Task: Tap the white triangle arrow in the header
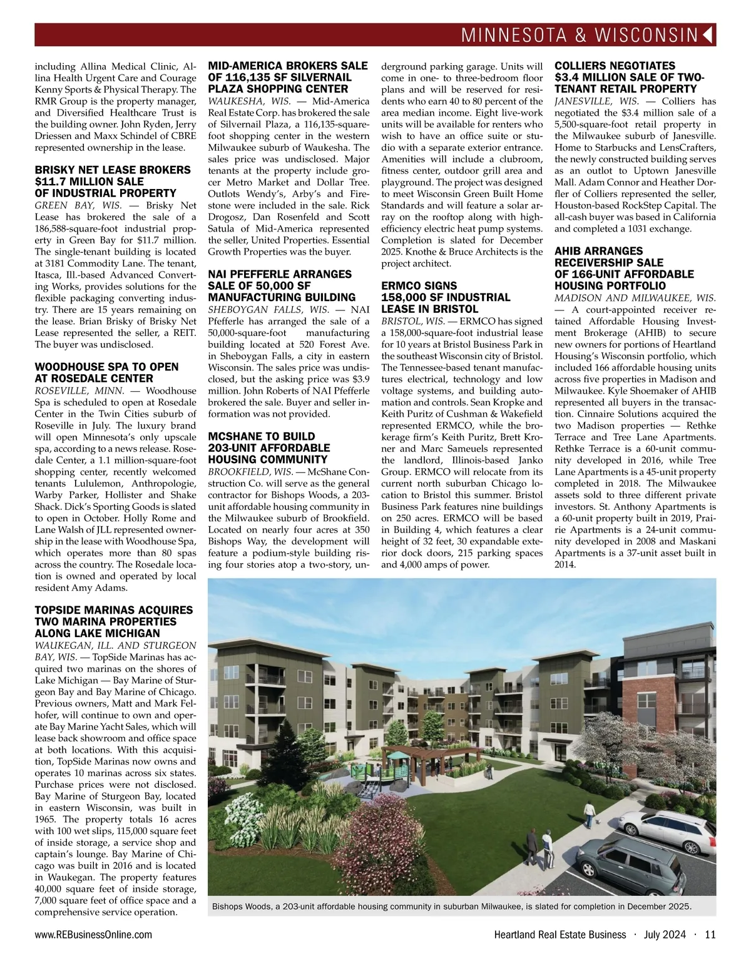pos(708,35)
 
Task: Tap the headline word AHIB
pos(569,251)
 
